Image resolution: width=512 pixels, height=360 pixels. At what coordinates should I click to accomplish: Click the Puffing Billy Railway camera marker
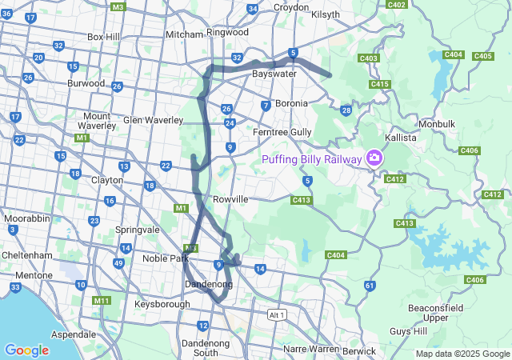tap(373, 158)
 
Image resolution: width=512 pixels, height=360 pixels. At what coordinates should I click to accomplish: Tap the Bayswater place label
tap(274, 74)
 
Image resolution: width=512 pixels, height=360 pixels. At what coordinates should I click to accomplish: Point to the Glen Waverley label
tap(153, 120)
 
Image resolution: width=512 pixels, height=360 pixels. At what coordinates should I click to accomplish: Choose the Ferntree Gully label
tap(282, 131)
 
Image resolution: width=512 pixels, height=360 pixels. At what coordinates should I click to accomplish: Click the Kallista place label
tap(401, 138)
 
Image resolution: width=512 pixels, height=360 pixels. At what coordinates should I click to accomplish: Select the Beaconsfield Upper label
tap(435, 313)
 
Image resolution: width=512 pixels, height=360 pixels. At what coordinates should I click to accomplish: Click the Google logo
tap(26, 350)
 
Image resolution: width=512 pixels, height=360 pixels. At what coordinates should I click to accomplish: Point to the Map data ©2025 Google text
tap(462, 354)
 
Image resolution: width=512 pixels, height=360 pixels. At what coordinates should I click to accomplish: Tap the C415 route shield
tap(380, 84)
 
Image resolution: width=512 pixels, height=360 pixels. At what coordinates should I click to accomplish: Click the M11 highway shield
tap(102, 300)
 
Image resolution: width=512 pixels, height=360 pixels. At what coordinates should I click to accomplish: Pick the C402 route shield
tap(397, 4)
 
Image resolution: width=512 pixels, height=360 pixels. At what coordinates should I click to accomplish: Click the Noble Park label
tap(165, 258)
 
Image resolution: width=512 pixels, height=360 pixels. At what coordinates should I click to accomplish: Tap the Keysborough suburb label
tap(162, 304)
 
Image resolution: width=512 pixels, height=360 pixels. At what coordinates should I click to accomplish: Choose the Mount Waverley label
tap(97, 120)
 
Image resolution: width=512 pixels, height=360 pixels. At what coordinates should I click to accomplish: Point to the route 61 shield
tap(369, 285)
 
